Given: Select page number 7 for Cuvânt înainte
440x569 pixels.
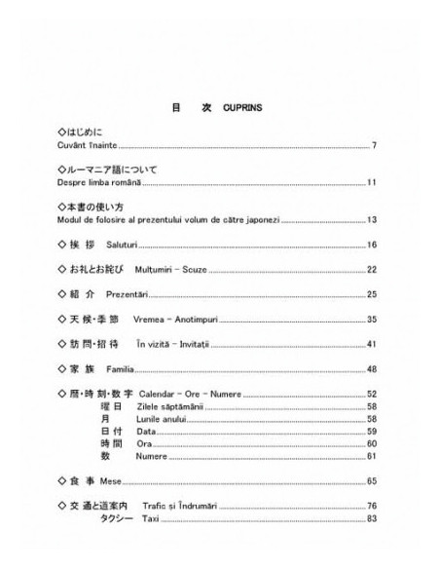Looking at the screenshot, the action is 375,146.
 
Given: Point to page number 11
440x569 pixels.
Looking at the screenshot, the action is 372,182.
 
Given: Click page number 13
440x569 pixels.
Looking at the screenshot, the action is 372,219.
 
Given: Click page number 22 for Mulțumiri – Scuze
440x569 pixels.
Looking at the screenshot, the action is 372,269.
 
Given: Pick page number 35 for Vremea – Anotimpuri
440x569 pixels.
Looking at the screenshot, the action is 372,320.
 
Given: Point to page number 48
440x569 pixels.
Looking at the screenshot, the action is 372,370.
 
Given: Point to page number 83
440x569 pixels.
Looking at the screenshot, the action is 372,519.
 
